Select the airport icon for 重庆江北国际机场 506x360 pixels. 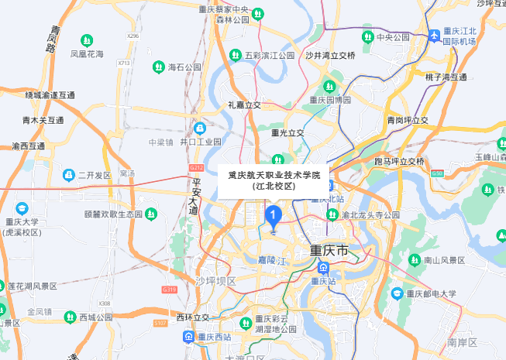coord(435,36)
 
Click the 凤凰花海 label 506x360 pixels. coord(87,54)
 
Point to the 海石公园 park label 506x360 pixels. coord(184,67)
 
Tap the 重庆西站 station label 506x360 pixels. coord(214,337)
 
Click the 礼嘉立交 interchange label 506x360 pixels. coord(244,104)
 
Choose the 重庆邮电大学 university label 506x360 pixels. coord(431,293)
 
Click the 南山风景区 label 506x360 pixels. coord(445,261)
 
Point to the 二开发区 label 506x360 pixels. coord(95,175)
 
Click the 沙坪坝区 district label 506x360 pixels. coord(215,280)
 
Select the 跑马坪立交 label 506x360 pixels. coord(399,161)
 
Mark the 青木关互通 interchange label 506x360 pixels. coord(43,120)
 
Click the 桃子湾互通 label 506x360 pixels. coord(446,77)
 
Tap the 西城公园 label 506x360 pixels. coord(96,317)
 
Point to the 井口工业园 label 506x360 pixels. coord(200,142)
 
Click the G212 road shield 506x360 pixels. coord(196,167)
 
